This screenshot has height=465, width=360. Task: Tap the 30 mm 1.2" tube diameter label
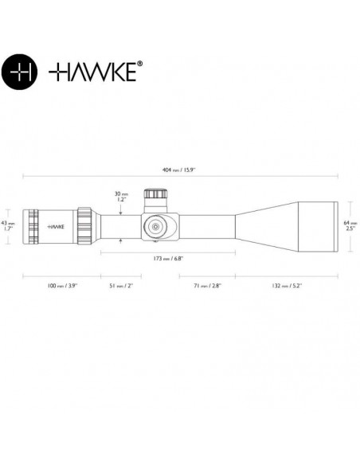(121, 196)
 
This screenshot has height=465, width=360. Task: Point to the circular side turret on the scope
(154, 225)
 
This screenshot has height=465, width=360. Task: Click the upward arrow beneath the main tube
(121, 241)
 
